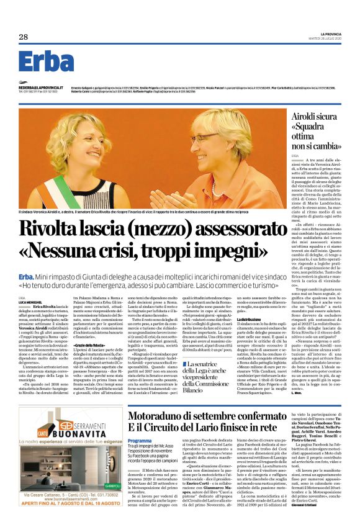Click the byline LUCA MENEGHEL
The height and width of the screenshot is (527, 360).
29,284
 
